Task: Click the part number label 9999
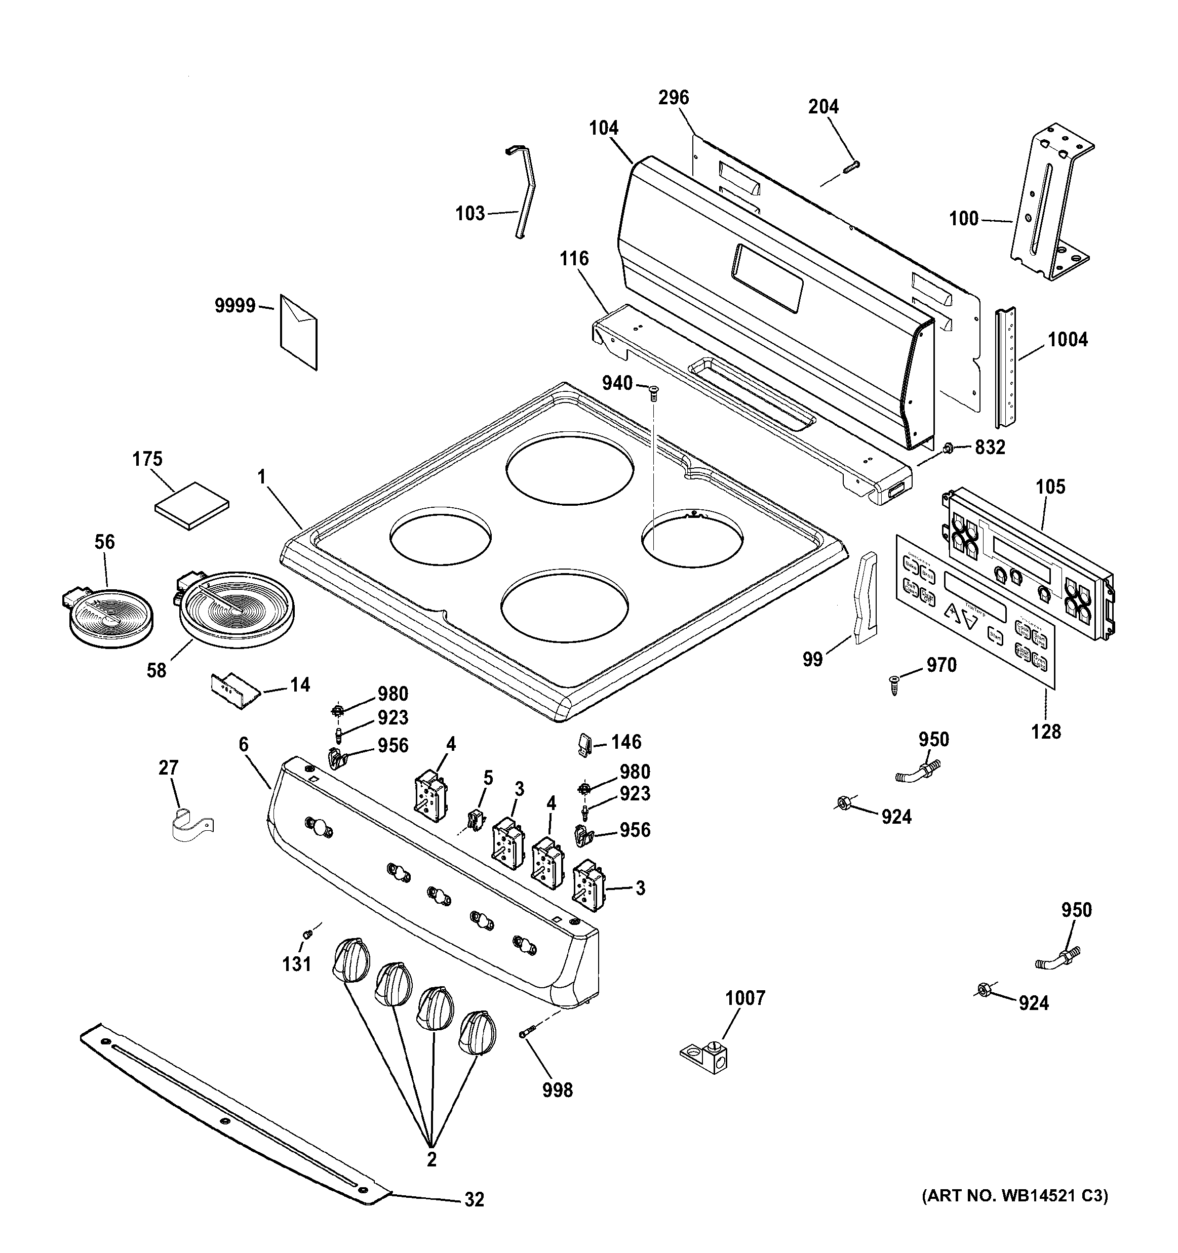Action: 234,306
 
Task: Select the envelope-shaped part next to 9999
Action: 298,332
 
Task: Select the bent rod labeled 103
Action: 524,192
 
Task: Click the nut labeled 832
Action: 947,448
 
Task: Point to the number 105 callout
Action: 1050,487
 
